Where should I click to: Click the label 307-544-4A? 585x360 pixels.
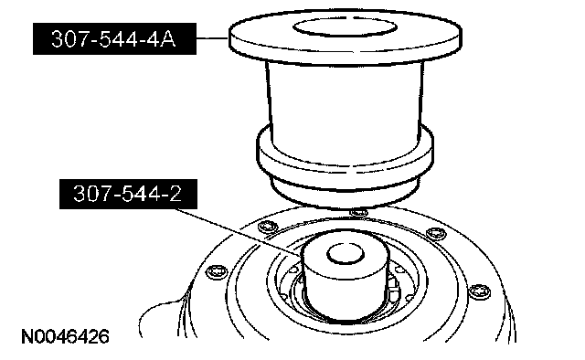click(x=114, y=38)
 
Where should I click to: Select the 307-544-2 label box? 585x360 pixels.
click(x=128, y=194)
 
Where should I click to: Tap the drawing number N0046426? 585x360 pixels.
click(x=65, y=336)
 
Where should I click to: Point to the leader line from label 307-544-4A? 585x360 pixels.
click(x=213, y=38)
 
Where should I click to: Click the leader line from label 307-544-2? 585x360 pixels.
click(x=239, y=233)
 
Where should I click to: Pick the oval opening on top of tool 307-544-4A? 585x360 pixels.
click(x=345, y=27)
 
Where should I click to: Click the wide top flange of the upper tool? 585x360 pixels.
click(x=346, y=37)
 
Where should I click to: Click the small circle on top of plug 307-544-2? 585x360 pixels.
click(x=346, y=254)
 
